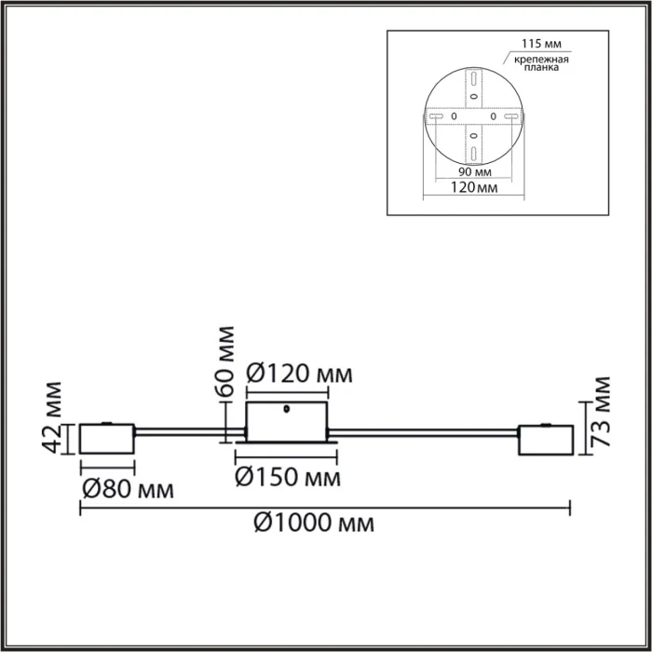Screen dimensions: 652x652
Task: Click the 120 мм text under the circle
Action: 472,188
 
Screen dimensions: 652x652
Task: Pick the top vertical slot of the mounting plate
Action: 473,76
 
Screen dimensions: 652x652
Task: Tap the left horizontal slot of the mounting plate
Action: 435,116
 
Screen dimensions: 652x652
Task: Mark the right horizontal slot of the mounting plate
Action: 511,116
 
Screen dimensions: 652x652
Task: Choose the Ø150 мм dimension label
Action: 287,478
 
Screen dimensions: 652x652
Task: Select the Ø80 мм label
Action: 118,488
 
